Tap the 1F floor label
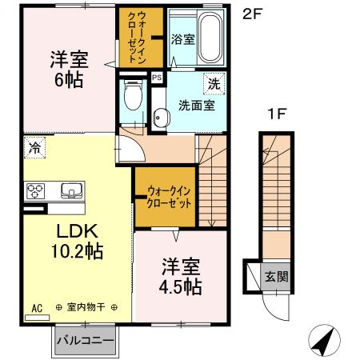pyautogui.click(x=276, y=114)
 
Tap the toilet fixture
pyautogui.click(x=132, y=98)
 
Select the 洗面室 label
pyautogui.click(x=192, y=104)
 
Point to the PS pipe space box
pyautogui.click(x=156, y=78)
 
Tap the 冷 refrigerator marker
pyautogui.click(x=35, y=146)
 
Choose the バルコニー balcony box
pyautogui.click(x=85, y=340)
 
